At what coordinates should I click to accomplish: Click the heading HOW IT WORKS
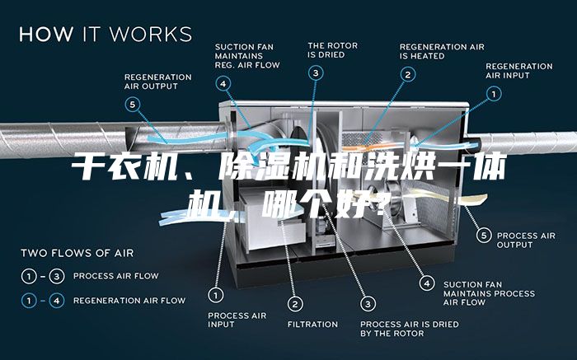[106, 34]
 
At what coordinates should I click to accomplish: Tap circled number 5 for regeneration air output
[133, 105]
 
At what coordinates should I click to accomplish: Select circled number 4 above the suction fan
[223, 84]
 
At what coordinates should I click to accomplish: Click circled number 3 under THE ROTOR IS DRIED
[316, 73]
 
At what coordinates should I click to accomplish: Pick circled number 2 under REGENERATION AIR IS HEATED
[408, 75]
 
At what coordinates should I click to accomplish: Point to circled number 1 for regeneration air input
[494, 94]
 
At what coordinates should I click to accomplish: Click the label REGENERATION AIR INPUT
[518, 71]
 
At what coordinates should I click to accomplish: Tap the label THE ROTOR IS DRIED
[333, 50]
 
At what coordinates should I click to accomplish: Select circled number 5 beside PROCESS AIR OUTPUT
[484, 235]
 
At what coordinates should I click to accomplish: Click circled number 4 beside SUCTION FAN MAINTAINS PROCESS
[427, 283]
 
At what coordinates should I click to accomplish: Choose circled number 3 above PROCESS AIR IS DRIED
[368, 304]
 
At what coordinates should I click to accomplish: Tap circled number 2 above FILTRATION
[295, 304]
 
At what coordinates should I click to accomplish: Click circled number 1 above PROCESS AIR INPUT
[216, 295]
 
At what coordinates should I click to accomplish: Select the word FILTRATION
[312, 325]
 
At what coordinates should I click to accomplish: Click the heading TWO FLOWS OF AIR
[77, 253]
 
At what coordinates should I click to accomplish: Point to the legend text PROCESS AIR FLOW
[116, 276]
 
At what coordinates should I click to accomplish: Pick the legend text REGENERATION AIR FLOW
[129, 301]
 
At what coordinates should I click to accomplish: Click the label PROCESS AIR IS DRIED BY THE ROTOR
[409, 329]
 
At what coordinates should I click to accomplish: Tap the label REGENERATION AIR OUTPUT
[158, 82]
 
